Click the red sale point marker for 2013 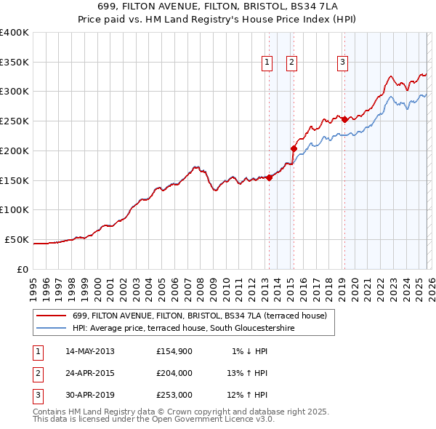click(269, 177)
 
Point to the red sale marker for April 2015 click(294, 148)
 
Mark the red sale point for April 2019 click(344, 119)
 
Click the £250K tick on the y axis click(15, 121)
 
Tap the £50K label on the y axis click(17, 239)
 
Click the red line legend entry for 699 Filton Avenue click(200, 316)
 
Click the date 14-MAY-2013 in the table click(90, 351)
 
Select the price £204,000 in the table click(174, 373)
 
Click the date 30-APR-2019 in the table click(90, 395)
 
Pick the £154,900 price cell click(174, 351)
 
